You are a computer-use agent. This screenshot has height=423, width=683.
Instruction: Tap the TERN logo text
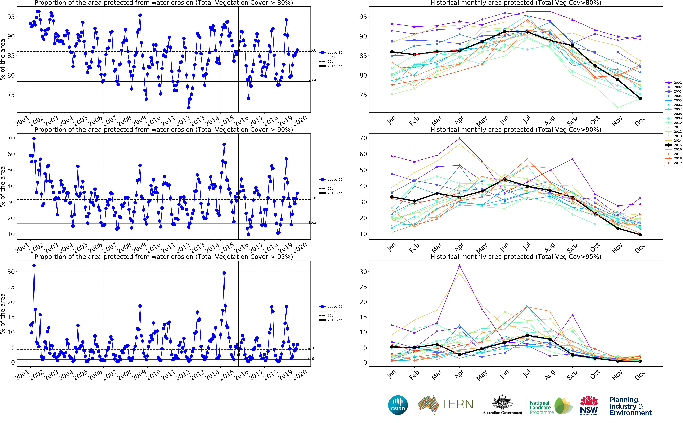pos(457,404)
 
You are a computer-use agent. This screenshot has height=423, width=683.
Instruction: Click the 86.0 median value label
pos(312,51)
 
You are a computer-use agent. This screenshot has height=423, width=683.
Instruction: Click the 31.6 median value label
pos(312,198)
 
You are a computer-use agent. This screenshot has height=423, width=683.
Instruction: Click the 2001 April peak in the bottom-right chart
pos(459,265)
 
